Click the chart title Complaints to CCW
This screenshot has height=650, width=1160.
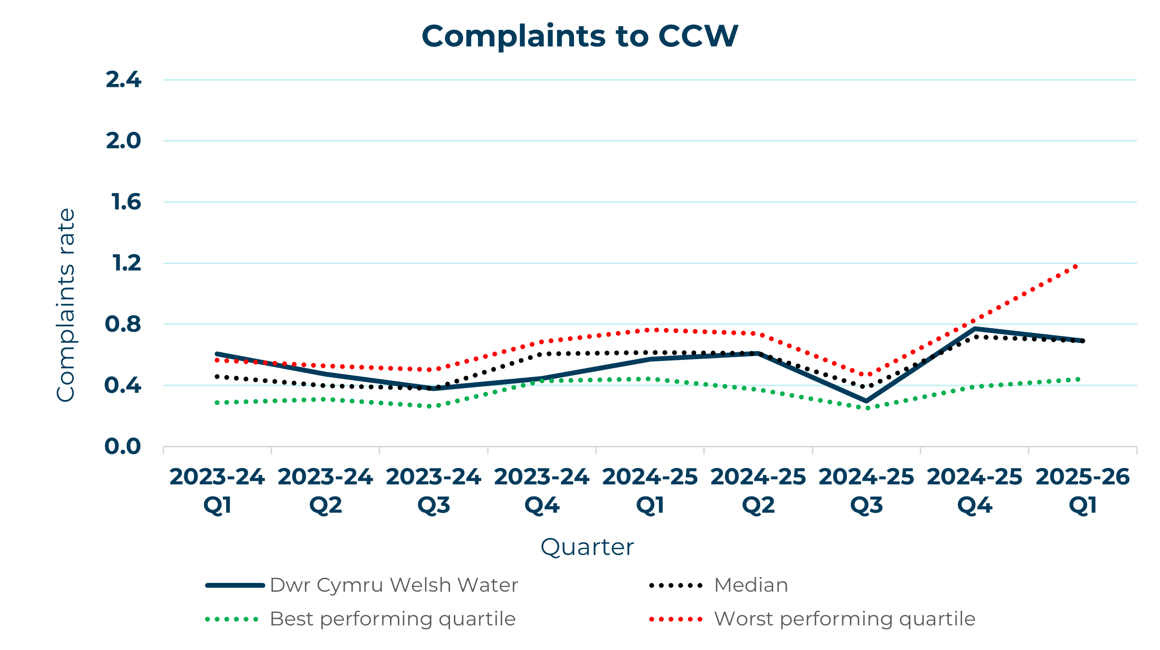580,36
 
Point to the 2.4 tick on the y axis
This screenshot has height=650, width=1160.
123,80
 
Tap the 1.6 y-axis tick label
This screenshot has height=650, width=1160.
126,202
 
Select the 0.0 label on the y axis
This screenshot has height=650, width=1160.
123,446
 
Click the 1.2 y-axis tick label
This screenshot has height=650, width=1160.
126,263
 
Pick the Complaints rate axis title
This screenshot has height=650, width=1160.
66,305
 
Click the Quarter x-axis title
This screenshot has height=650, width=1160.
587,547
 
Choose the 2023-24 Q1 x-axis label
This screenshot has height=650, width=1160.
217,491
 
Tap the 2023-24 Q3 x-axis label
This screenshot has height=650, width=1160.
434,491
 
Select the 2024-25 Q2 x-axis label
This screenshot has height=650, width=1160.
758,491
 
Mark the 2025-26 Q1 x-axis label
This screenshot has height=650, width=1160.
1083,491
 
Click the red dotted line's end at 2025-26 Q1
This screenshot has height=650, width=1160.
1076,266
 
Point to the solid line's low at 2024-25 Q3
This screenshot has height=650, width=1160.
866,401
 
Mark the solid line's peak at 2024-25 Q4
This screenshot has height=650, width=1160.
975,329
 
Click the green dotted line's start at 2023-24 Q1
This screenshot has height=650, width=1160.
217,402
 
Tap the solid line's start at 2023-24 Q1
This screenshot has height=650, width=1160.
217,354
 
